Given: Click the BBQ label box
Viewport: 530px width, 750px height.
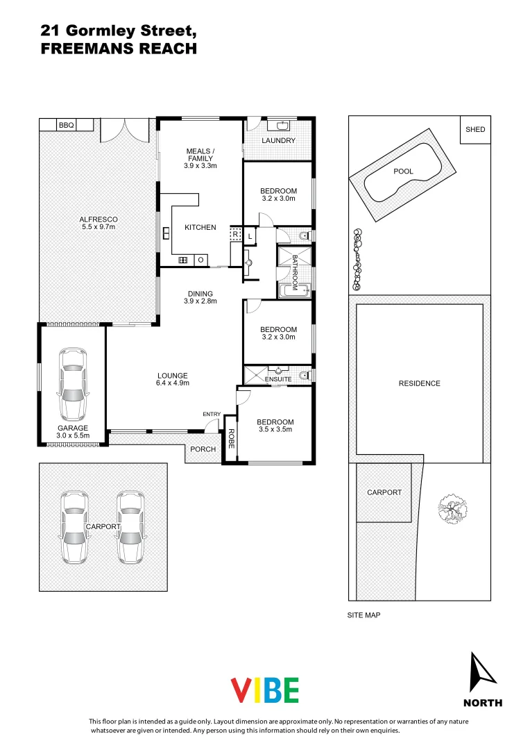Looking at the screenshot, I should tap(66, 125).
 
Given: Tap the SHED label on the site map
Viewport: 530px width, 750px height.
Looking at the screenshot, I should tap(475, 130).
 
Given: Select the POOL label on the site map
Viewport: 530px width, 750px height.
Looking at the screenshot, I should tap(403, 172).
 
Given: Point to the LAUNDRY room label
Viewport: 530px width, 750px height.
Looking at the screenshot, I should tap(278, 141).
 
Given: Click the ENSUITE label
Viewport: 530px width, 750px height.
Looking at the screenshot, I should tap(277, 379).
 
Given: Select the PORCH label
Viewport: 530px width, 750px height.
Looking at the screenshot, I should tap(203, 449).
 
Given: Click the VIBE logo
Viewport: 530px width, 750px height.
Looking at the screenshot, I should tap(264, 690).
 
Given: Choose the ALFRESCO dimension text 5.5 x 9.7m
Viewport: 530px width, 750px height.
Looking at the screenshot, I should tap(98, 226).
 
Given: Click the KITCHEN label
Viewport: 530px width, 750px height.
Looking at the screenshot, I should tap(200, 228).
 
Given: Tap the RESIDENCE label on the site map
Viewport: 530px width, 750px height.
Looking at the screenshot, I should tap(419, 383).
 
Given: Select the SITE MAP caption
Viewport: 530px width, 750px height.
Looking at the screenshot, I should tap(364, 615).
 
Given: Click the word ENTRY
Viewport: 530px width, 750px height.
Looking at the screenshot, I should tap(212, 415).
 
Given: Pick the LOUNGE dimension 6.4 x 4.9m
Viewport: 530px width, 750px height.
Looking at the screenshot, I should tap(173, 383).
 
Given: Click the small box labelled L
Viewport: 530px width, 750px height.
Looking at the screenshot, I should tap(250, 237).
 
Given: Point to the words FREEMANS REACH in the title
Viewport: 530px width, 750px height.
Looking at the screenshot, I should tap(119, 49).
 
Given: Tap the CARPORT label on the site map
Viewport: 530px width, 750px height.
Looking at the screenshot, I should tap(384, 492).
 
